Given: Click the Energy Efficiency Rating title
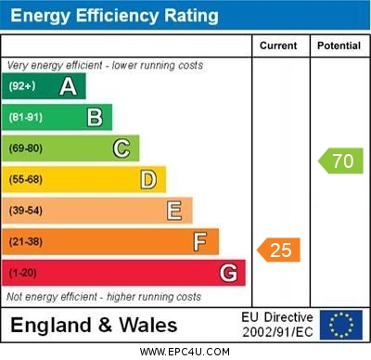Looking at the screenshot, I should pyautogui.click(x=113, y=16).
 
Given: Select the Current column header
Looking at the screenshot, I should pyautogui.click(x=278, y=45).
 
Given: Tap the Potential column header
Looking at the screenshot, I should pyautogui.click(x=339, y=45).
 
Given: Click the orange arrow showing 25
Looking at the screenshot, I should pyautogui.click(x=279, y=250).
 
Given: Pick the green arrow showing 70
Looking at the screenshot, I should pyautogui.click(x=340, y=161).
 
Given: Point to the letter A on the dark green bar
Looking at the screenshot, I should pyautogui.click(x=68, y=86).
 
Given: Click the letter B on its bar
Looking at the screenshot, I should pyautogui.click(x=95, y=117).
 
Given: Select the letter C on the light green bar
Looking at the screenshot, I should pyautogui.click(x=121, y=148).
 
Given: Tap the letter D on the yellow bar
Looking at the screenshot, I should pyautogui.click(x=147, y=179).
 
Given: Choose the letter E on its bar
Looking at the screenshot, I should pyautogui.click(x=173, y=211).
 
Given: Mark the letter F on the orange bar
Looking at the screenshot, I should pyautogui.click(x=199, y=241).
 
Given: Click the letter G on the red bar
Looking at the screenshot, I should pyautogui.click(x=228, y=273).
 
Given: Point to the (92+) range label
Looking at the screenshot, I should pyautogui.click(x=22, y=86).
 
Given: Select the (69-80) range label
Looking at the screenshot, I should pyautogui.click(x=26, y=148).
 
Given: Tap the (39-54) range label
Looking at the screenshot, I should pyautogui.click(x=26, y=211).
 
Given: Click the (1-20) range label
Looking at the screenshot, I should pyautogui.click(x=23, y=273).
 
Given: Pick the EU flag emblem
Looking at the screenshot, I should pyautogui.click(x=340, y=325).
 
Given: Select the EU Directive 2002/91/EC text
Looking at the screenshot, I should pyautogui.click(x=277, y=325).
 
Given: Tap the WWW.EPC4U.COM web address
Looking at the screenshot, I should pyautogui.click(x=185, y=352).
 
